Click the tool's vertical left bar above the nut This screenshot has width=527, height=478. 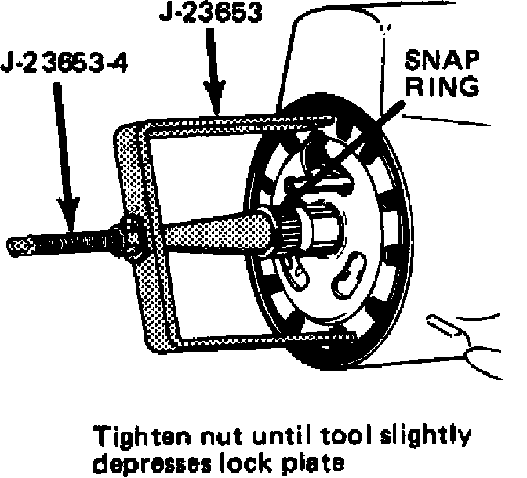[x=130, y=172]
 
